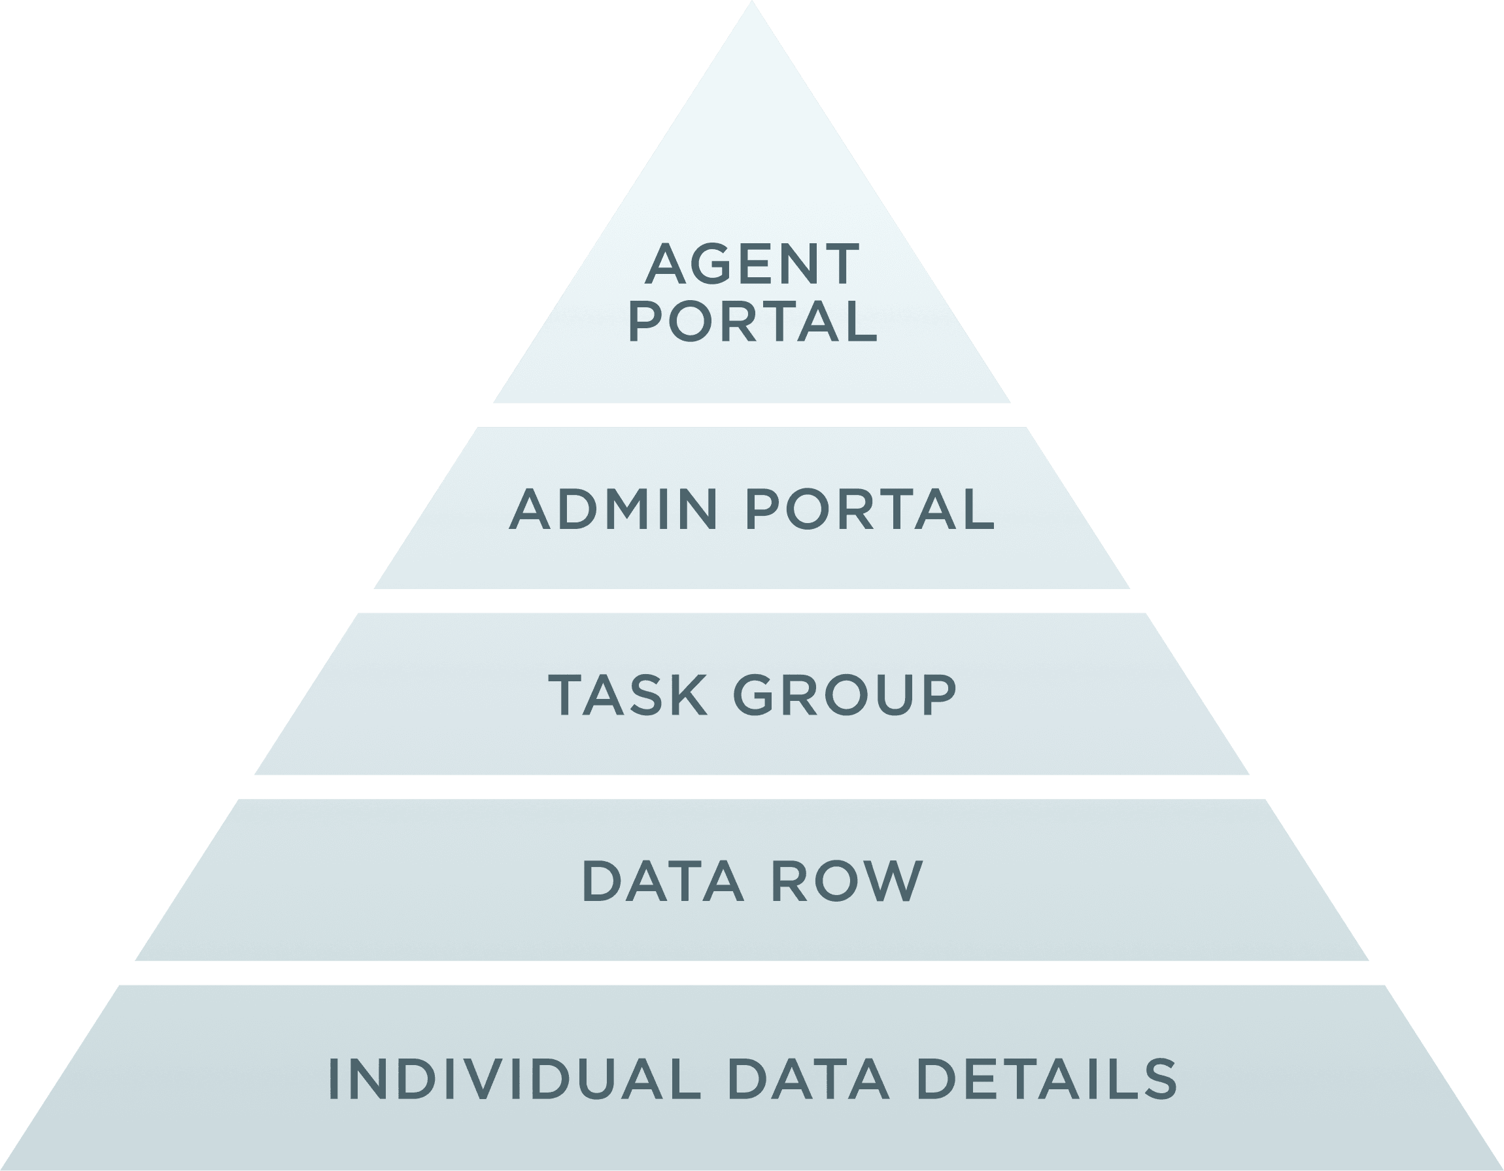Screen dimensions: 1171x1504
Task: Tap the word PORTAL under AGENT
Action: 752,322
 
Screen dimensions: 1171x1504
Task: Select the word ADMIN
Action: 614,509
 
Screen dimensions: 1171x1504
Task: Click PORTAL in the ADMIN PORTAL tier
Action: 870,509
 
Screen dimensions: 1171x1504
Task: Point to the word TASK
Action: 627,695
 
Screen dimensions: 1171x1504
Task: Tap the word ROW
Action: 846,881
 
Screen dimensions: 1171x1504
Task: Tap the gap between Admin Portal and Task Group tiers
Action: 752,600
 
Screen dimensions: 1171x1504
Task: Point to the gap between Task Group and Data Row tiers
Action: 752,787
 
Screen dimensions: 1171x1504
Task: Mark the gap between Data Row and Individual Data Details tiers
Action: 752,973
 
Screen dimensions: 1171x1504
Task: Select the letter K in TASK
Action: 686,695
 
